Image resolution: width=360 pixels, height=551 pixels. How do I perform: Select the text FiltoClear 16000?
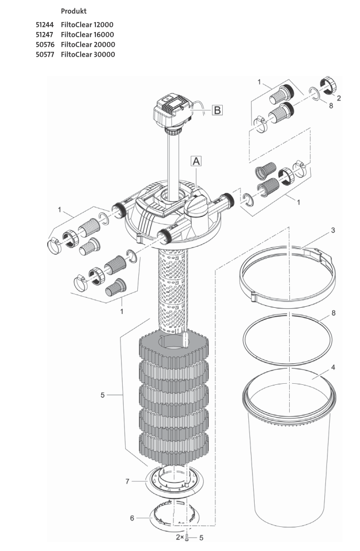coord(88,35)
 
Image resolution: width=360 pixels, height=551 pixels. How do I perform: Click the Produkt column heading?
coord(74,11)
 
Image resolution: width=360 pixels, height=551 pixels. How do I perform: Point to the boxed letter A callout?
coord(196,161)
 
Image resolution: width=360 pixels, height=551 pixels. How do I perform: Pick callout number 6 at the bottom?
coord(132,518)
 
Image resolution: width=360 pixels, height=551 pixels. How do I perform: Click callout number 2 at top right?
coord(339,98)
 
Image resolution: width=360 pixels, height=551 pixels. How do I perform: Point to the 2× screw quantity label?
coord(180,538)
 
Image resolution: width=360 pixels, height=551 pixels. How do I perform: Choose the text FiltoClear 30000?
coord(88,55)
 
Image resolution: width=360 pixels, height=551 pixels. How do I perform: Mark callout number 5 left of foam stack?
coord(102,395)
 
